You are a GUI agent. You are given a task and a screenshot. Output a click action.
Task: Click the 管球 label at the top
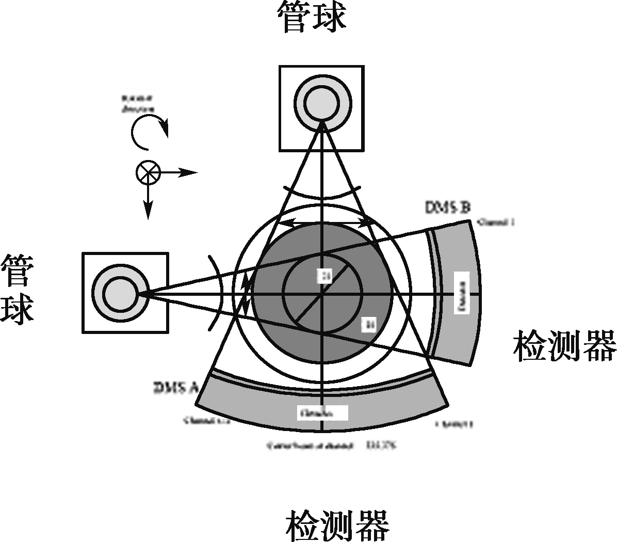coord(312,17)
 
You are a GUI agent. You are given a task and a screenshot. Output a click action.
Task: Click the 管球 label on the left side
coord(17,289)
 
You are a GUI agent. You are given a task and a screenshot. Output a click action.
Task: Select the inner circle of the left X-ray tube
coord(121,293)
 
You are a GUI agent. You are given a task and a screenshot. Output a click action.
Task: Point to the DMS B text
coord(447,208)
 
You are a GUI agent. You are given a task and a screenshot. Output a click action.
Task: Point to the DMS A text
coord(176,388)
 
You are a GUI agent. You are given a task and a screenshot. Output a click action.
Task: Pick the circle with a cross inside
coord(149,172)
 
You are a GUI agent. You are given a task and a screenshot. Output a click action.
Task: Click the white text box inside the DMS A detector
coord(322,413)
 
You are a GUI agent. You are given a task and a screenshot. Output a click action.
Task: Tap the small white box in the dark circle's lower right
coord(369,324)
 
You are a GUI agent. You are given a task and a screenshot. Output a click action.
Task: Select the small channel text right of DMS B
coord(496,222)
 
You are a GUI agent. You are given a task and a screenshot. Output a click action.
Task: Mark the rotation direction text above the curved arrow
coord(138,103)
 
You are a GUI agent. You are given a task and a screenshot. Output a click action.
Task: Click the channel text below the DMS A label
coord(206,421)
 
